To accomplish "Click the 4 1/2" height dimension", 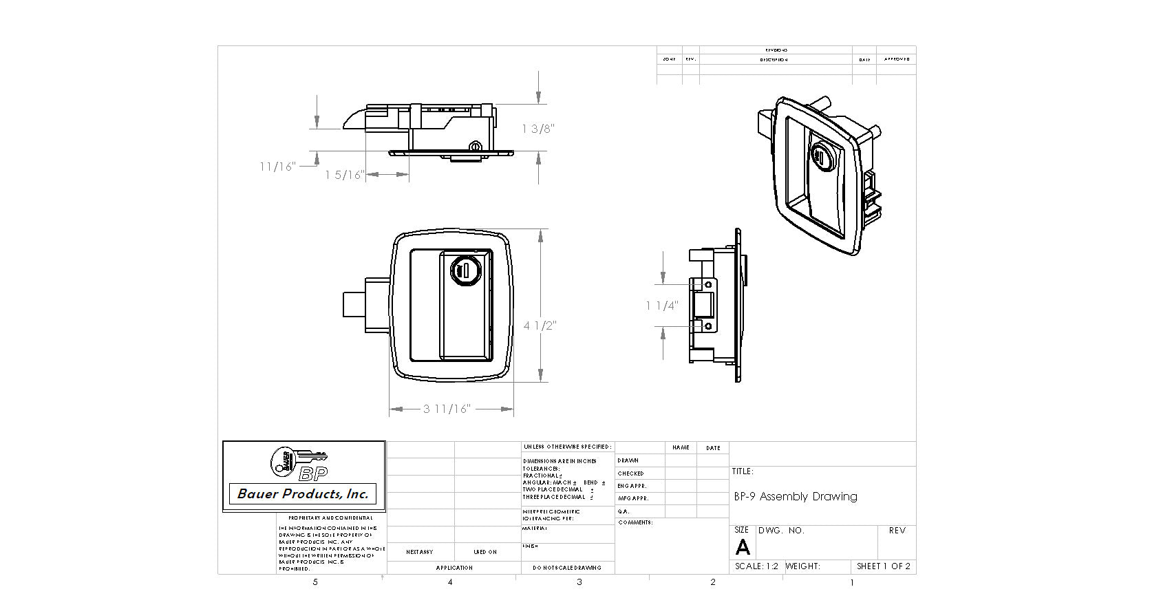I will tap(540, 326).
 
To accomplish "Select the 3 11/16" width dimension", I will tap(447, 409).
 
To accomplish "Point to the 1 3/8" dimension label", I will tap(538, 129).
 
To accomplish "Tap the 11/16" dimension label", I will tap(277, 167).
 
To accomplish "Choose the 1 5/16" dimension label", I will tap(344, 175).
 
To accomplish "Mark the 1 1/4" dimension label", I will tap(662, 306).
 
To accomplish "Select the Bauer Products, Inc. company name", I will tap(303, 493).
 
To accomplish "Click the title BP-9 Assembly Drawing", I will tap(796, 496).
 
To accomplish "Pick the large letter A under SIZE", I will tap(743, 547).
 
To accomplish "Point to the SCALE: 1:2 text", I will tap(756, 566).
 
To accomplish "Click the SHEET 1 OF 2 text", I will tap(884, 566).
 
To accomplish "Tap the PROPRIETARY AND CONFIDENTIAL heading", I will tap(330, 518).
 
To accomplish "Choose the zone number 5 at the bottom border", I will tap(315, 582).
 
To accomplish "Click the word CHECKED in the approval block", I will tap(630, 473).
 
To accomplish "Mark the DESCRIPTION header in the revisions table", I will tap(774, 60).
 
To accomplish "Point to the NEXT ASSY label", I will tap(419, 552).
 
